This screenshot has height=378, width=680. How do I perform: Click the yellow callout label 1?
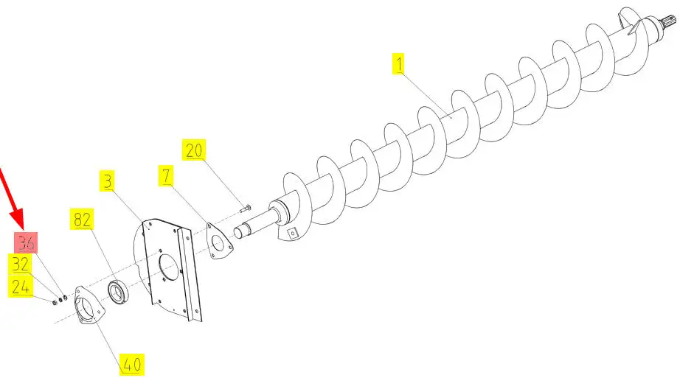click(x=398, y=63)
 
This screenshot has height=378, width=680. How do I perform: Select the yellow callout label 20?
click(x=193, y=150)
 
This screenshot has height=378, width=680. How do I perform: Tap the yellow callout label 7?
click(x=166, y=175)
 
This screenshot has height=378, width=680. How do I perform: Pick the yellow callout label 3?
click(x=108, y=181)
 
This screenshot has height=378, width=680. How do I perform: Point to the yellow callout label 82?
click(x=82, y=220)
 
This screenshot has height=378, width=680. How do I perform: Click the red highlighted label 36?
click(x=26, y=242)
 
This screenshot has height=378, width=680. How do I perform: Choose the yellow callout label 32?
click(x=20, y=264)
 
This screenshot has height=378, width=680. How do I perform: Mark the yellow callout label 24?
click(x=20, y=287)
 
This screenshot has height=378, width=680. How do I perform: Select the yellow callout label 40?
click(x=132, y=365)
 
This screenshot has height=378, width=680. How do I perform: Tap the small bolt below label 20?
click(x=245, y=208)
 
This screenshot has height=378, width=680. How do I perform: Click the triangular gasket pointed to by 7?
click(x=218, y=242)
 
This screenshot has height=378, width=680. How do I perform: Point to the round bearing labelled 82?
click(x=118, y=292)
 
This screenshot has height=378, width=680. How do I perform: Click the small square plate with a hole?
click(x=293, y=234)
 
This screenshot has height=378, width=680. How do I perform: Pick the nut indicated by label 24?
click(x=55, y=302)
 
